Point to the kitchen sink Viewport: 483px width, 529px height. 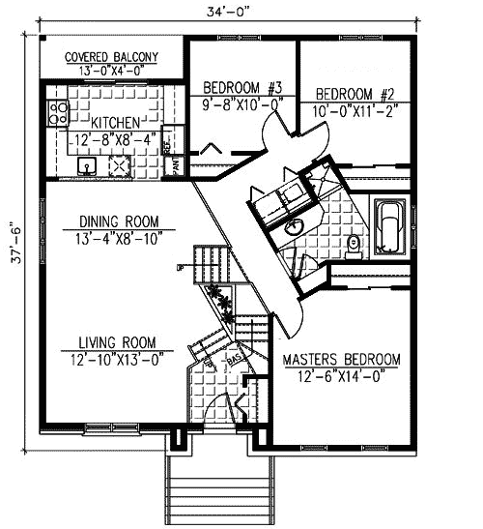(x=87, y=166)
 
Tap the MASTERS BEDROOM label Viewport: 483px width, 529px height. (x=341, y=359)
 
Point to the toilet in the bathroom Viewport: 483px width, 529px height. (x=355, y=244)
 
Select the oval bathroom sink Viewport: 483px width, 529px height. (x=292, y=228)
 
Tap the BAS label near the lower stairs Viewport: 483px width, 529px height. (x=233, y=360)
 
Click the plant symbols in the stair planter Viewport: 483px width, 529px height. (x=222, y=302)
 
